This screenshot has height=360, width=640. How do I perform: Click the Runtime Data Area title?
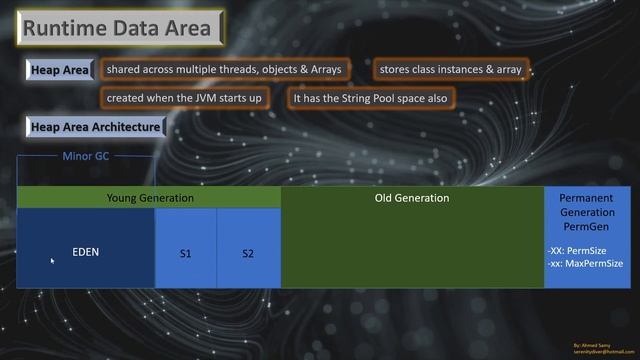[x=117, y=28]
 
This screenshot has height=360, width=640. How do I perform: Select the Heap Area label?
[x=59, y=71]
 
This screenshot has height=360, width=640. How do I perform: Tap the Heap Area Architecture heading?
[x=95, y=127]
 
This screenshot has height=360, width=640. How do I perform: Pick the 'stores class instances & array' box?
[x=450, y=70]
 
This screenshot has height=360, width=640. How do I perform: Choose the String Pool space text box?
[x=370, y=99]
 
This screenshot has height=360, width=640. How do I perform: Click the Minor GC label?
[x=86, y=157]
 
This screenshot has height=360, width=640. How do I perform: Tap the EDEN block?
[x=86, y=252]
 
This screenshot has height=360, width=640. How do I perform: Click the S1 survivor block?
[x=185, y=254]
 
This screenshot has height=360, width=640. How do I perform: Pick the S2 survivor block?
[x=248, y=254]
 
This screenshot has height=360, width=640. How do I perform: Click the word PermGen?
[x=587, y=228]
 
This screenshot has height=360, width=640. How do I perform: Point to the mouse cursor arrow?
[x=52, y=261]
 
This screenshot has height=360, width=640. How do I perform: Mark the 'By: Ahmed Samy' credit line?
[x=594, y=341]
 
